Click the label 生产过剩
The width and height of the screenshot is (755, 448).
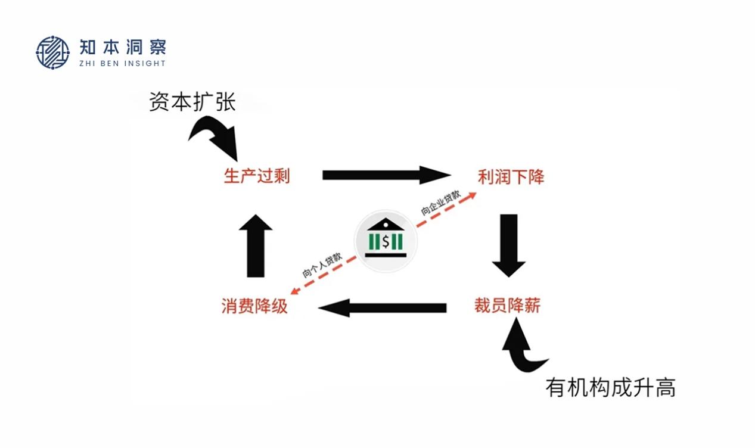coord(256,176)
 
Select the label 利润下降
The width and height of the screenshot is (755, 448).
coord(511,177)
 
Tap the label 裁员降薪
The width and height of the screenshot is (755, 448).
coord(507,306)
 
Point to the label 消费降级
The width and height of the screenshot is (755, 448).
coord(254,306)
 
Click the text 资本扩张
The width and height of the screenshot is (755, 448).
coord(192,102)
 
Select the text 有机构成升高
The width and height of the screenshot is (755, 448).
coord(610,388)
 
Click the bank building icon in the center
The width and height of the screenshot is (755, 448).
coord(386,238)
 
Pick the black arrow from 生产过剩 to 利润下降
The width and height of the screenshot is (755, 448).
coord(385,175)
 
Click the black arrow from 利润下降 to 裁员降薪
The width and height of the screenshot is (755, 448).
coord(508,244)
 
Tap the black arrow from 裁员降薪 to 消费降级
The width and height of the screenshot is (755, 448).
coord(383,308)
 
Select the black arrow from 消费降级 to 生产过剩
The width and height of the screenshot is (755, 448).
coord(255,245)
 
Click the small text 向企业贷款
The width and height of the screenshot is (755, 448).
coord(440,203)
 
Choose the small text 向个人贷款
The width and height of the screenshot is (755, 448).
coord(322,265)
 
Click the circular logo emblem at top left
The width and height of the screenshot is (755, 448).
coord(52,52)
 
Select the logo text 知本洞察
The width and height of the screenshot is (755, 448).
coord(122,47)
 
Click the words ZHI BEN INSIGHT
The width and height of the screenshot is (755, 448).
coord(122,63)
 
